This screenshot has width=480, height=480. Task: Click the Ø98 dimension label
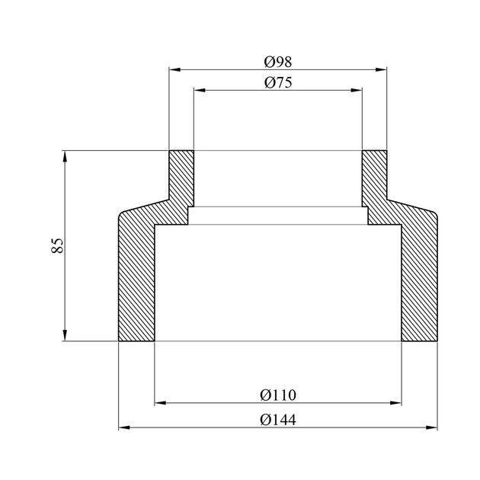278,62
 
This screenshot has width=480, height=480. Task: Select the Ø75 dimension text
278,82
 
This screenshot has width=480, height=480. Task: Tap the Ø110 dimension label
278,395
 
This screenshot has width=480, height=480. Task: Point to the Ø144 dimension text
278,420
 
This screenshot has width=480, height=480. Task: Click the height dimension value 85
57,245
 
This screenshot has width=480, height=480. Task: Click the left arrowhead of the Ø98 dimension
174,70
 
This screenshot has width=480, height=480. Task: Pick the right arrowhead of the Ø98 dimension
381,70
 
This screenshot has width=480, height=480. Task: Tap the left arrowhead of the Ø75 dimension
200,91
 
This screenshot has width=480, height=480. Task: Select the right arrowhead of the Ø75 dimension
357,91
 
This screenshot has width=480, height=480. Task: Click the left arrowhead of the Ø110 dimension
160,403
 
